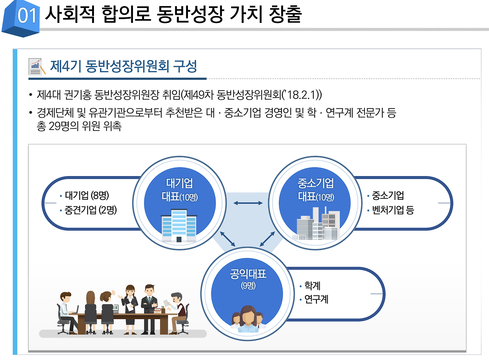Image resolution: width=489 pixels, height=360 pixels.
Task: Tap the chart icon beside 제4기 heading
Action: click(37, 67)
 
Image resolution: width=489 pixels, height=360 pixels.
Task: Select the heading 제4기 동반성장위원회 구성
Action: click(123, 66)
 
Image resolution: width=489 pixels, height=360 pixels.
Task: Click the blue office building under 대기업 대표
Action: click(179, 225)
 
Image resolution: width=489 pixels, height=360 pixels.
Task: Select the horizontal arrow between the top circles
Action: click(248, 203)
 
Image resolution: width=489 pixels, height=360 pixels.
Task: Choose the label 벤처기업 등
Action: click(393, 210)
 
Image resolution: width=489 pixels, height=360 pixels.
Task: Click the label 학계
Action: click(312, 285)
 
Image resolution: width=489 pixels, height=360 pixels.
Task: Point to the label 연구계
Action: click(316, 299)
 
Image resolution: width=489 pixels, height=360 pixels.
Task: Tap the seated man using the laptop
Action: click(67, 310)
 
